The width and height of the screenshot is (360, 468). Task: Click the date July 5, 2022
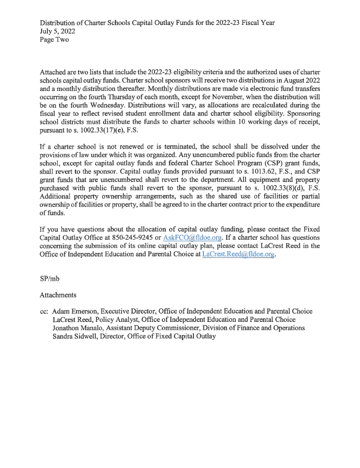[57, 31]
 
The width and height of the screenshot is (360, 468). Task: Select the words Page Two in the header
[54, 40]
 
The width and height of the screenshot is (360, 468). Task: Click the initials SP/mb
[50, 278]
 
